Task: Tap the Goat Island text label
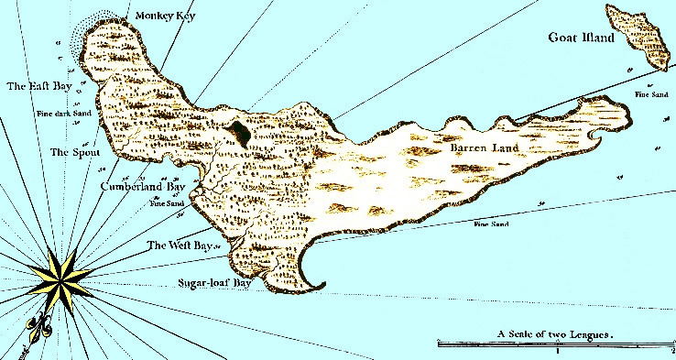[580, 38]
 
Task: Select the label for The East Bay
[39, 86]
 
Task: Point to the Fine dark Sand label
[61, 115]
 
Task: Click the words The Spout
[75, 152]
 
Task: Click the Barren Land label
[485, 147]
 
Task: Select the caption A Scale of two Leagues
[555, 334]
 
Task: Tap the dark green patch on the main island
[239, 134]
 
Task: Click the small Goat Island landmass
[638, 38]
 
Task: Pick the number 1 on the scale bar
[557, 351]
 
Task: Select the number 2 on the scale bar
[671, 351]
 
